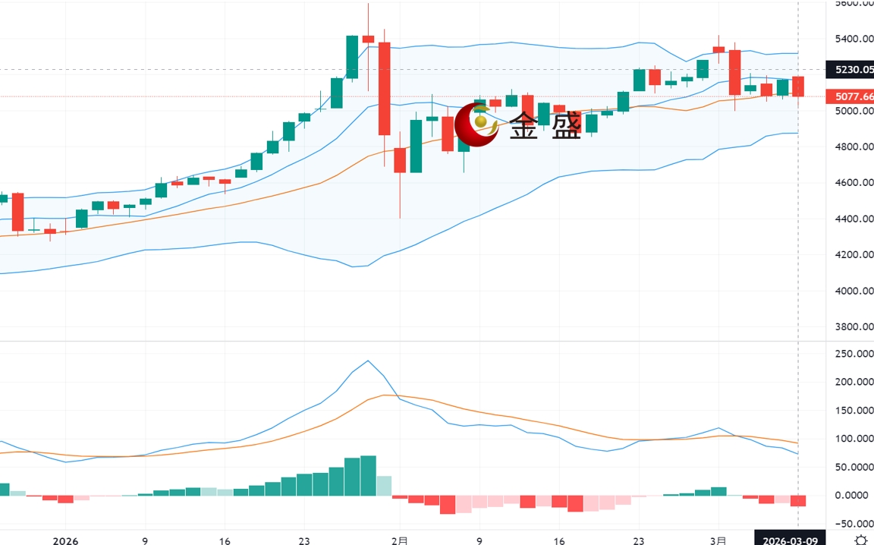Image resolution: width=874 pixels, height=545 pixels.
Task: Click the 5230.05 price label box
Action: pos(854,70)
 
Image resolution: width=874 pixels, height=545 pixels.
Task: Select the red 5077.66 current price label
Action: pos(854,96)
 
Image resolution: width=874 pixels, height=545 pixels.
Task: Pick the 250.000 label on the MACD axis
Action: pos(853,354)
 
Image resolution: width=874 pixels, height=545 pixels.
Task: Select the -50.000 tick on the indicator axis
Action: pos(853,524)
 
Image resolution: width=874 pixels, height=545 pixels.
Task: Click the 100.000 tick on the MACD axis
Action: pos(853,439)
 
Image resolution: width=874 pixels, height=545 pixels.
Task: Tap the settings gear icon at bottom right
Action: pos(860,540)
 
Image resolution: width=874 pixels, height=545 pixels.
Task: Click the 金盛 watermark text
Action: pos(545,126)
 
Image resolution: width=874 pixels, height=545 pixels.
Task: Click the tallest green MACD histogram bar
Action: pos(369,475)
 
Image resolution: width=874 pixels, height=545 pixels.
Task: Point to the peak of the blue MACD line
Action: pos(368,361)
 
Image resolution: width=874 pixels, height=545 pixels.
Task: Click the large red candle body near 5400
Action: pos(384,88)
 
